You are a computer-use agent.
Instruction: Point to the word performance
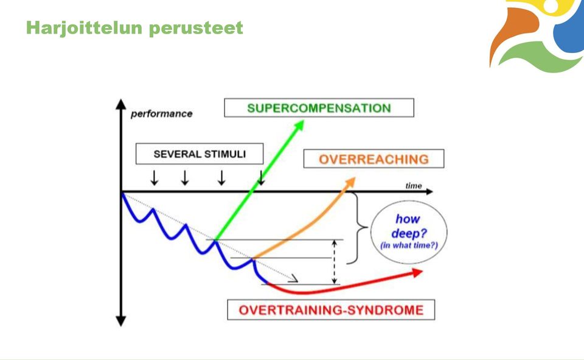162,114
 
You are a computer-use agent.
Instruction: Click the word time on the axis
414,185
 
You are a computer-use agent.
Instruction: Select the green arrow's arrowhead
299,125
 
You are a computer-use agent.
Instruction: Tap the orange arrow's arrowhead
350,183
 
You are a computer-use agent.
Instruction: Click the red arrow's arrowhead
417,273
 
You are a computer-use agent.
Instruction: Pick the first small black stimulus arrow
154,178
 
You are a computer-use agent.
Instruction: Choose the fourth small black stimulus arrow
261,178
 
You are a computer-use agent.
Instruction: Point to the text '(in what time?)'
409,245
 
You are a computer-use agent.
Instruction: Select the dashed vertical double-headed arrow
335,262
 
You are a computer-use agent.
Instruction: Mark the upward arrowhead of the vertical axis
120,104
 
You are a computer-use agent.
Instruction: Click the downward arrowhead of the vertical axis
120,321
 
